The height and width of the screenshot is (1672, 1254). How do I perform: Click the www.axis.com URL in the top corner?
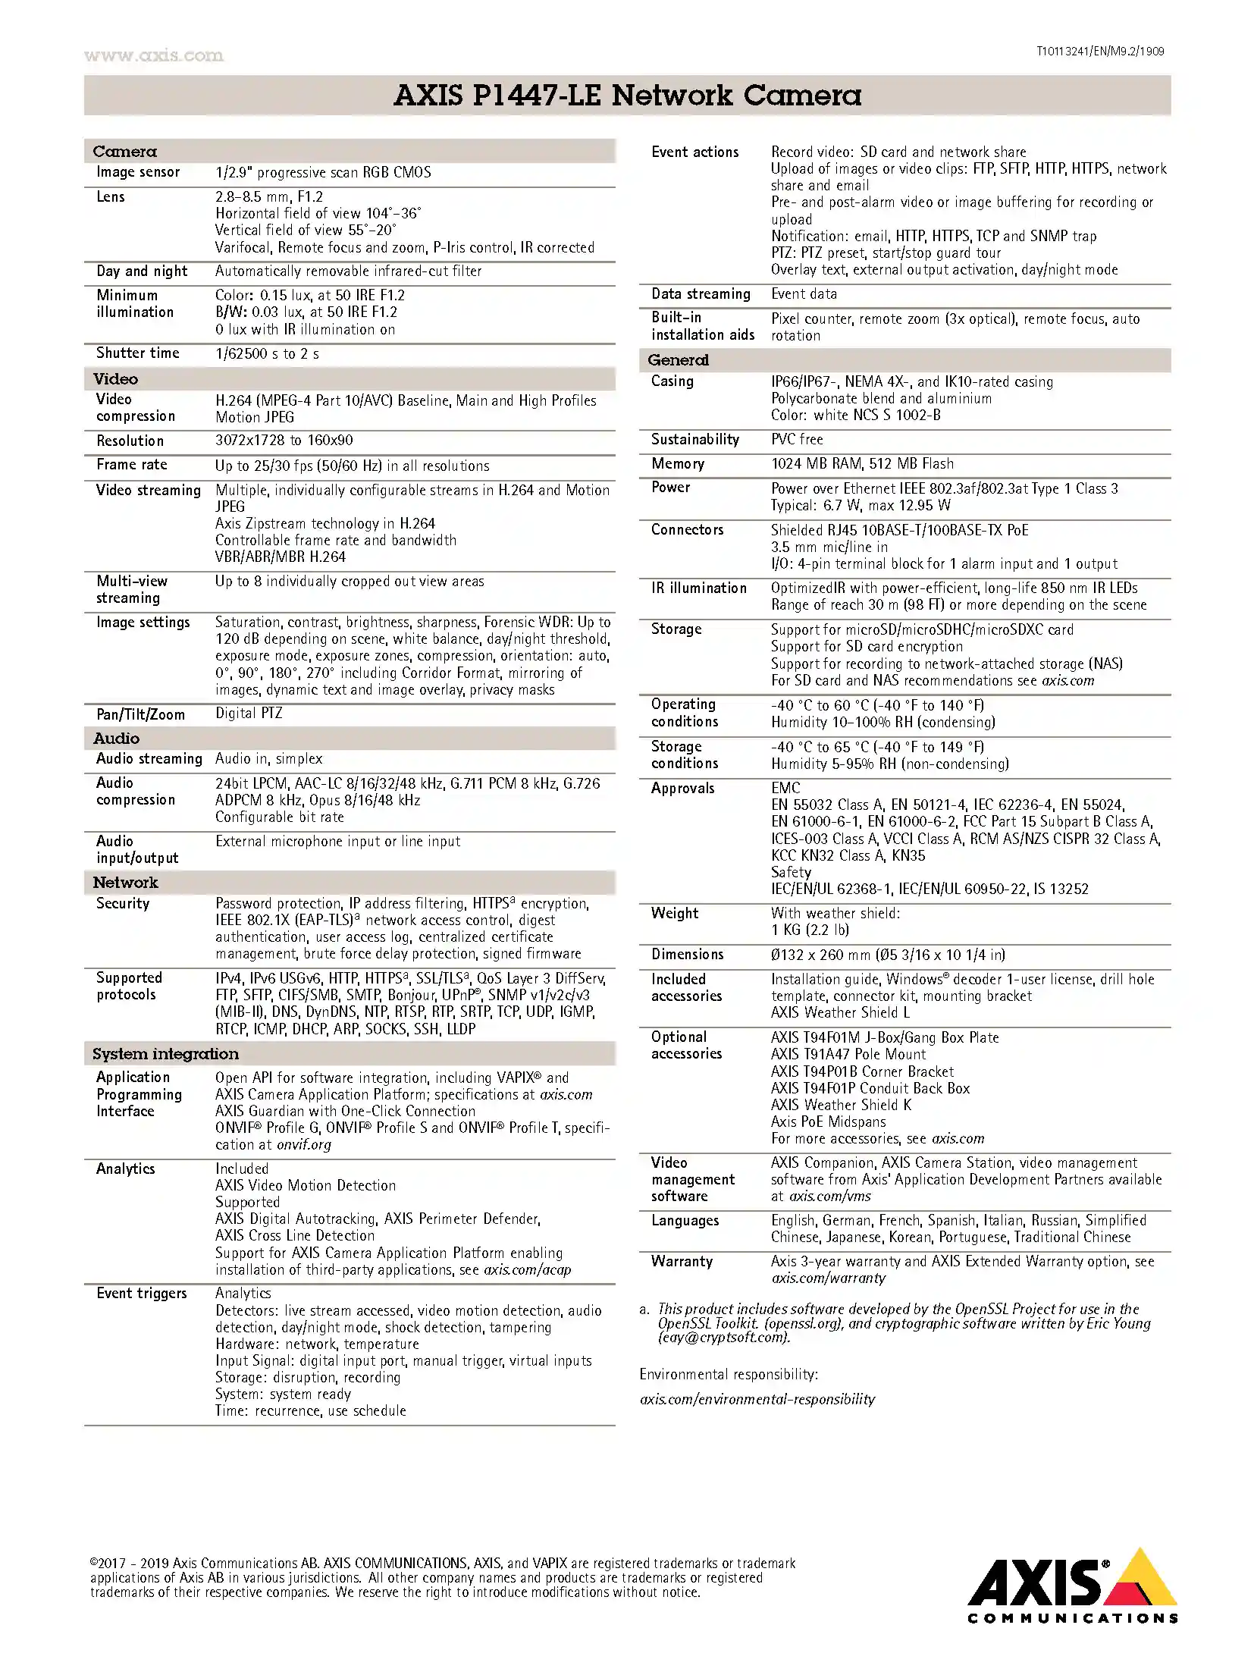coord(153,55)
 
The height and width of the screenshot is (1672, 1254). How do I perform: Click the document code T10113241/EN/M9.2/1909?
coord(1099,52)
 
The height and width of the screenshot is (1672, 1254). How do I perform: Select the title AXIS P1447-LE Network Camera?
coord(627,96)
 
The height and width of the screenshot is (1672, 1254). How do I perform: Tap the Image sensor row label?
coord(138,172)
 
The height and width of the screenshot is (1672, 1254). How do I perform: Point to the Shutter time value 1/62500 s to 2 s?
coord(267,353)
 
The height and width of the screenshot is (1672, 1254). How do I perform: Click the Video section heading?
coord(115,378)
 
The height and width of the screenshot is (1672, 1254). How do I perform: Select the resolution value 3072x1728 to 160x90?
coord(284,441)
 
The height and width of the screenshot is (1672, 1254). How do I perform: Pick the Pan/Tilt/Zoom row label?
coord(140,714)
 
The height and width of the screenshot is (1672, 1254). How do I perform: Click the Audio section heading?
coord(116,738)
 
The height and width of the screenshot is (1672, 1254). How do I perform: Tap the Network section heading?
coord(125,882)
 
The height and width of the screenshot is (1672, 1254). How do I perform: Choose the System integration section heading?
coord(165,1053)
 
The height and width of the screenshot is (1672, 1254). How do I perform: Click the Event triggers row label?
coord(141,1293)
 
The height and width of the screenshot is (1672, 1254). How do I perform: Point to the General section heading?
coord(678,360)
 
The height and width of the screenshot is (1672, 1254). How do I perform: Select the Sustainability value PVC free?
coord(796,439)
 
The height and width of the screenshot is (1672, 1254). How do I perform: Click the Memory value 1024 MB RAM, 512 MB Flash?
coord(862,463)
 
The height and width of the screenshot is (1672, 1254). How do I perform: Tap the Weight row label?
coord(675,913)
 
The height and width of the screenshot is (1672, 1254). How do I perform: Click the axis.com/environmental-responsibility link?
coord(757,1399)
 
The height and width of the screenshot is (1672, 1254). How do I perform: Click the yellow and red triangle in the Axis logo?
coord(1141,1579)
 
